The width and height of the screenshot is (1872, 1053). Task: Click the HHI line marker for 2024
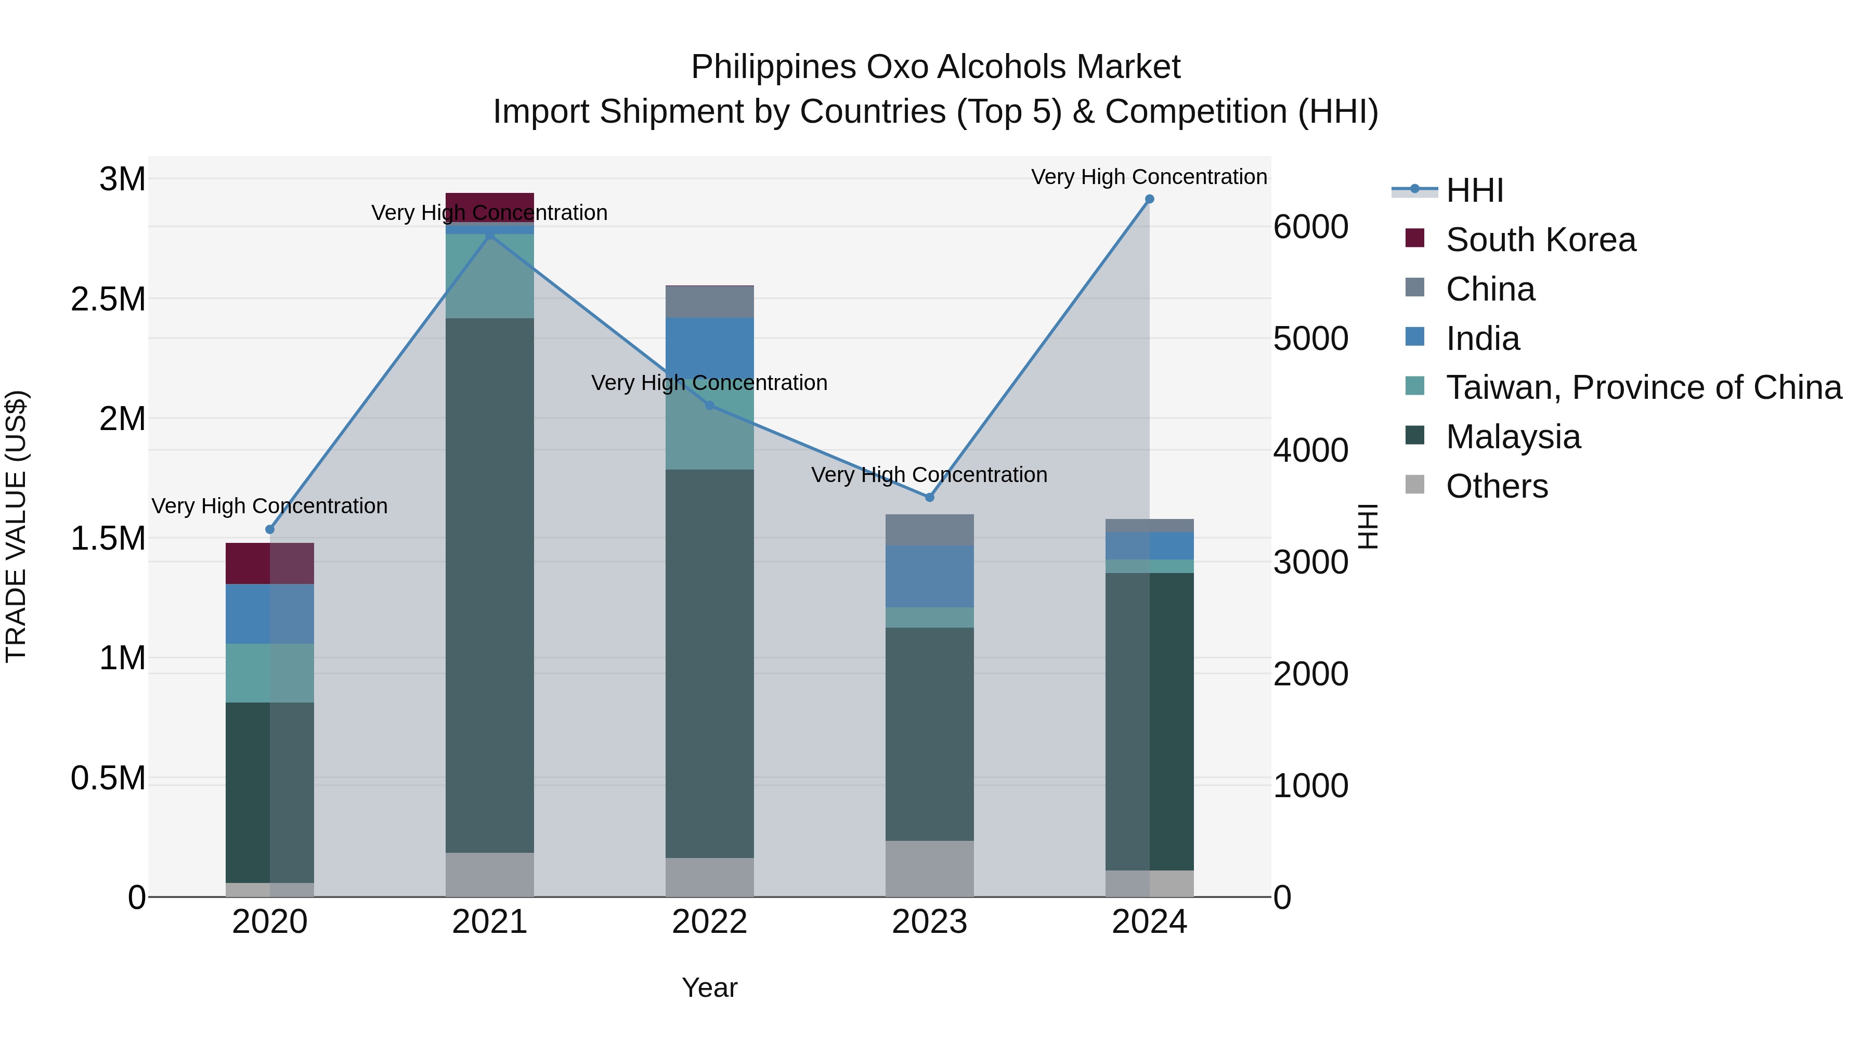pos(1149,199)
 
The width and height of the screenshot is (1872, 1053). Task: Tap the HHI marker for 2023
pos(929,497)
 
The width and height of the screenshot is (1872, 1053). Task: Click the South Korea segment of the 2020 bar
pos(269,563)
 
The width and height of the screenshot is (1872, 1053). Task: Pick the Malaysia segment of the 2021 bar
pos(489,585)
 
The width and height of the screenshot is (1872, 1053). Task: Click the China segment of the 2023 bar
pos(929,530)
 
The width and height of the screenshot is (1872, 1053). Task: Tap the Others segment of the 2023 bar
pos(929,868)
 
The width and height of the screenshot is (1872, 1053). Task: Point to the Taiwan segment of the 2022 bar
pos(709,436)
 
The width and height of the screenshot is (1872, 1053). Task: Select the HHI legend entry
pos(1474,190)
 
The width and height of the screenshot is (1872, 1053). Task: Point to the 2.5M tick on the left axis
pos(108,300)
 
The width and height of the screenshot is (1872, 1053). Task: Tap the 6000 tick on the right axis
pos(1310,227)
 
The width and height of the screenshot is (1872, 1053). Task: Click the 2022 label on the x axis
pos(709,922)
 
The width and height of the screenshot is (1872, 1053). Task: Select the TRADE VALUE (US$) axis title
pos(17,526)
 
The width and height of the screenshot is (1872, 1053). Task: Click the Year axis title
pos(709,987)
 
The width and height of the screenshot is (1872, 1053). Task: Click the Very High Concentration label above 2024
pos(1148,177)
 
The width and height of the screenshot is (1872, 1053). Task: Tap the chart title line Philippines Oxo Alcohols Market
pos(935,67)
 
